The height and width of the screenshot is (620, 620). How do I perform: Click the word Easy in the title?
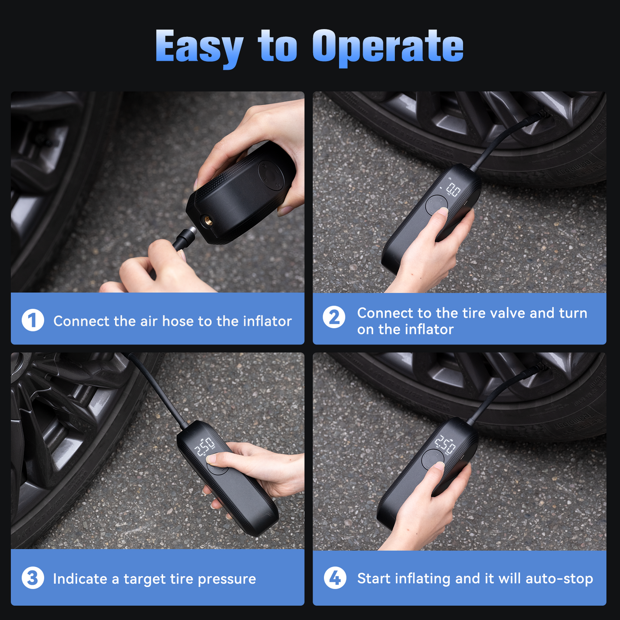[x=199, y=46]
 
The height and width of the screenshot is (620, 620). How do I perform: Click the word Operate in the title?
[x=388, y=46]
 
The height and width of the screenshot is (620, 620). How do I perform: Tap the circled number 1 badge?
[x=33, y=320]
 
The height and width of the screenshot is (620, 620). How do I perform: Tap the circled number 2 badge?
[x=334, y=318]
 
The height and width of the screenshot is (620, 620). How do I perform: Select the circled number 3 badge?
[x=33, y=578]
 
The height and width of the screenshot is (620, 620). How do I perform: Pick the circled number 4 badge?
[x=335, y=578]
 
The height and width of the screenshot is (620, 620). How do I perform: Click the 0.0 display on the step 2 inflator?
[x=453, y=190]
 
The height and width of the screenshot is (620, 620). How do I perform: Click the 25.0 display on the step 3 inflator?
[x=205, y=447]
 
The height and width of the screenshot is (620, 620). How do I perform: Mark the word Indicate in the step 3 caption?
[x=80, y=579]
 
